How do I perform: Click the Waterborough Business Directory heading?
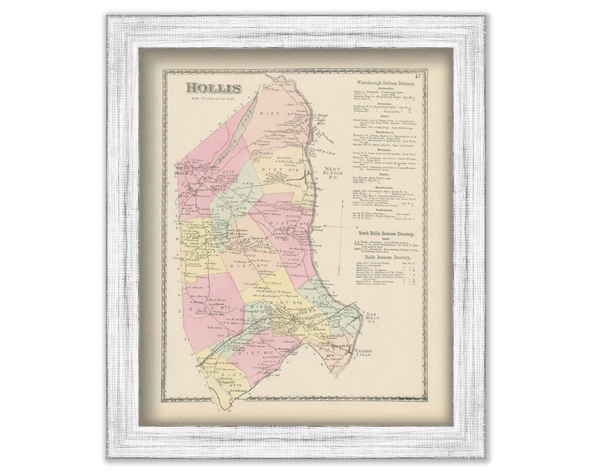point(385,78)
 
